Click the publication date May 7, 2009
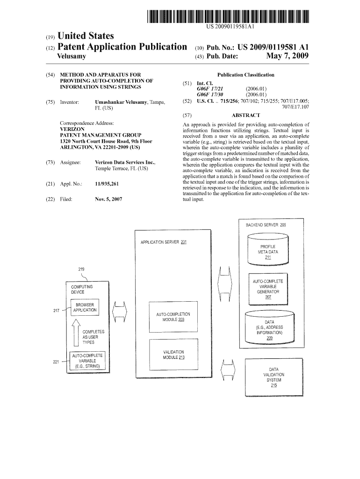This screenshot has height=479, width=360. [287, 57]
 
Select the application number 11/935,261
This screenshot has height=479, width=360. [107, 184]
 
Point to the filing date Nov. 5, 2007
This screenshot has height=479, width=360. [108, 199]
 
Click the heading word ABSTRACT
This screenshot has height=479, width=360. [245, 115]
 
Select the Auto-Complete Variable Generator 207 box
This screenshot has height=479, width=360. [268, 289]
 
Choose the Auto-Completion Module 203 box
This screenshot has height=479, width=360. [173, 317]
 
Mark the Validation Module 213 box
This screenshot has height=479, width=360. [173, 355]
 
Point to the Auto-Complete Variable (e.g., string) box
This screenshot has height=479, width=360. [87, 361]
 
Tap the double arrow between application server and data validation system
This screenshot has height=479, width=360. [229, 370]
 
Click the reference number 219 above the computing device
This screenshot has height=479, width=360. [81, 269]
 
